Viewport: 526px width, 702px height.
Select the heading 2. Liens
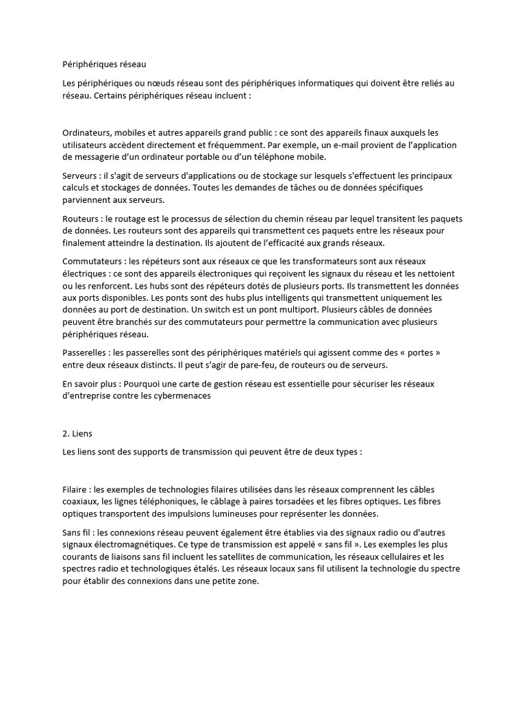[x=77, y=434]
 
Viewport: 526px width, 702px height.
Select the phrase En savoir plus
[x=88, y=383]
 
